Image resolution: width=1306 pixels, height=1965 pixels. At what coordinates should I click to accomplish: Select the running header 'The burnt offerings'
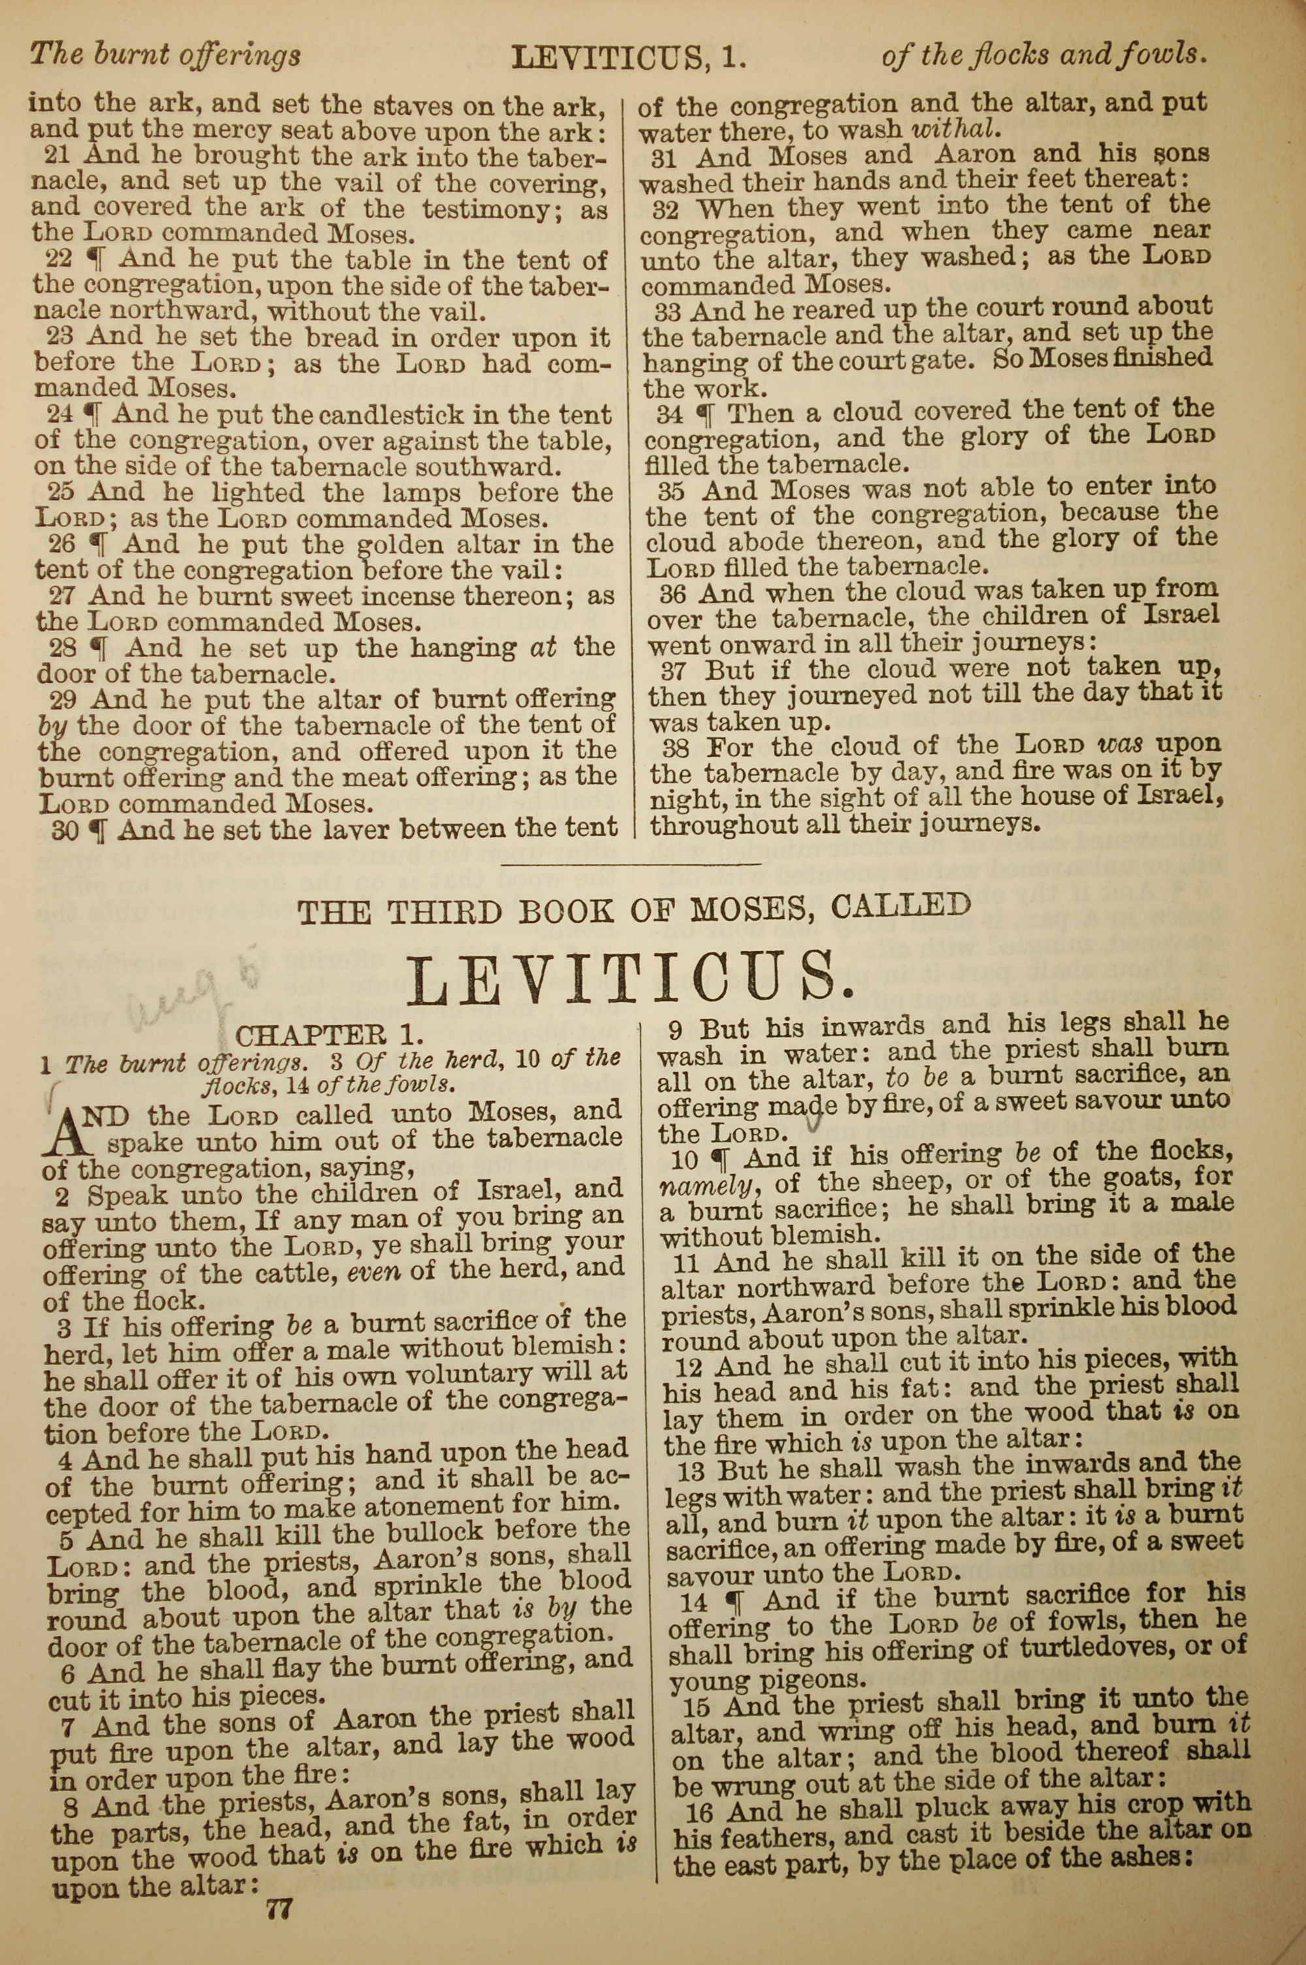tap(165, 55)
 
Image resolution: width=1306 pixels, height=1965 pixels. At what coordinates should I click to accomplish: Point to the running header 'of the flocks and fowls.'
tap(1043, 55)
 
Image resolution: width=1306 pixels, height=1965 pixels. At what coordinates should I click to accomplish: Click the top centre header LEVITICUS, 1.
tap(629, 57)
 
